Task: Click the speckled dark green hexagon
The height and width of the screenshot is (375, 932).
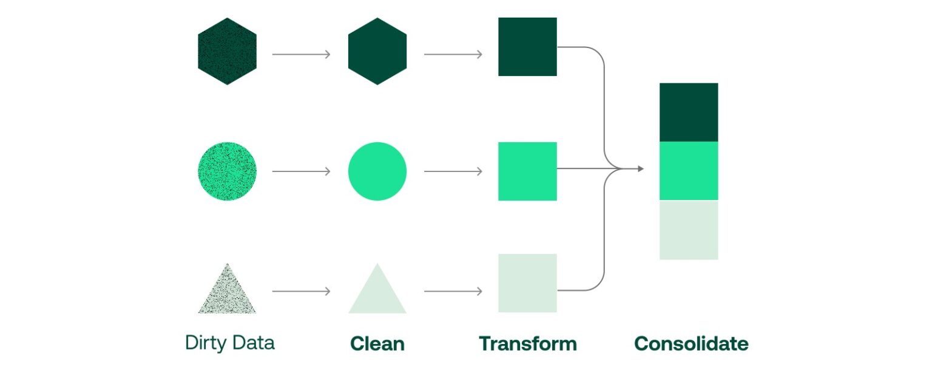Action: tap(227, 52)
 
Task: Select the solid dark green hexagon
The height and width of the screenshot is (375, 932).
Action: tap(377, 52)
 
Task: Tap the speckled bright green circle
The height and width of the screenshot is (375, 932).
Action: tap(227, 171)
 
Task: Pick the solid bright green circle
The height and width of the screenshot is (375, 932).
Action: tap(377, 171)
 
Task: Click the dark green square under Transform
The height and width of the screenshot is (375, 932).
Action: tap(527, 47)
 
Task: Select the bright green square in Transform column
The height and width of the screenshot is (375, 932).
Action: tap(527, 171)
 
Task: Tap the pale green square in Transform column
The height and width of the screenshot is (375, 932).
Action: tap(527, 283)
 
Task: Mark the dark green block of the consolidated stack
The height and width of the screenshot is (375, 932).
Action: tap(689, 112)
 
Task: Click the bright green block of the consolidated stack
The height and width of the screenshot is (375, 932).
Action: tap(689, 171)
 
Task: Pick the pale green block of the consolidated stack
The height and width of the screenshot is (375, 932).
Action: tap(689, 230)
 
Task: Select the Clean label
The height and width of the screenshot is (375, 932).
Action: tap(377, 344)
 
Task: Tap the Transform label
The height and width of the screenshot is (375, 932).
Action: tap(527, 344)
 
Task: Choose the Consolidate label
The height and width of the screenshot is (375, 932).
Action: tap(691, 344)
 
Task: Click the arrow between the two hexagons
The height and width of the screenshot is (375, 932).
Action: tap(301, 55)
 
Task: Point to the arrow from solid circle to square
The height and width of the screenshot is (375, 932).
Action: tap(453, 172)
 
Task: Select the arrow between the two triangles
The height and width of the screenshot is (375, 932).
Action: tap(301, 292)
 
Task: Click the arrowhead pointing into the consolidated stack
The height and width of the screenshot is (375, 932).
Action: tap(640, 168)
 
